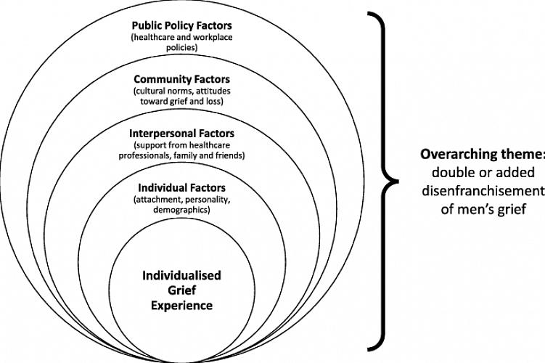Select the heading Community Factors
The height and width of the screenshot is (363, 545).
coord(181,78)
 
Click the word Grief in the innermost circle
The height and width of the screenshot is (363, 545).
coord(181,290)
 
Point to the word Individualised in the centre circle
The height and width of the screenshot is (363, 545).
coord(181,276)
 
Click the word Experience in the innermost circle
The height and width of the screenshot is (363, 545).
coord(181,306)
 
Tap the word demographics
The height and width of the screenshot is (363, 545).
coord(181,210)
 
